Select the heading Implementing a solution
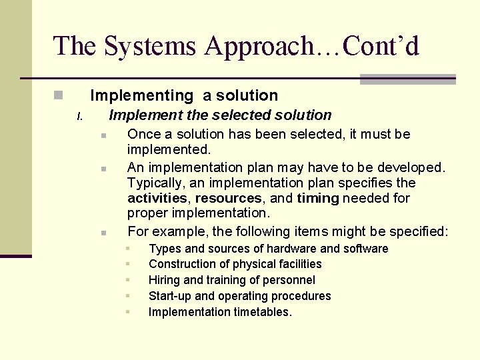[x=183, y=95]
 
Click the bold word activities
[x=157, y=198]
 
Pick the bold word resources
[x=228, y=198]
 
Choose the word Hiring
[x=164, y=280]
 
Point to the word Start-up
[x=170, y=296]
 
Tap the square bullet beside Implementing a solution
[x=58, y=95]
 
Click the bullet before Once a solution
[x=104, y=135]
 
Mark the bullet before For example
[x=104, y=233]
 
